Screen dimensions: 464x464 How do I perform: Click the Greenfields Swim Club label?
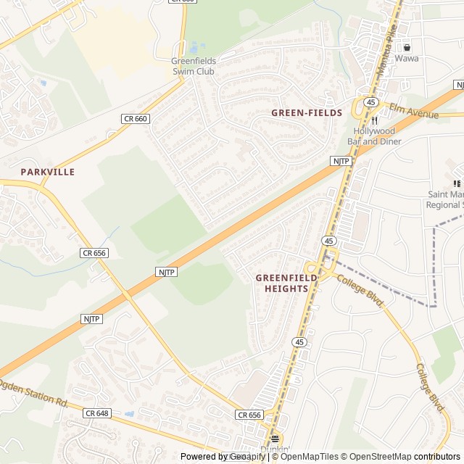click(x=194, y=66)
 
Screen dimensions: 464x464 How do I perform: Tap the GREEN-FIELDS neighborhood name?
click(x=307, y=113)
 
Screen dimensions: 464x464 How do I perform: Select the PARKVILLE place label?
click(x=48, y=172)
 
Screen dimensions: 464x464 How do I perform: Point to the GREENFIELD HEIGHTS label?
click(x=282, y=283)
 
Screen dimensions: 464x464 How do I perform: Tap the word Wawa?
click(x=406, y=58)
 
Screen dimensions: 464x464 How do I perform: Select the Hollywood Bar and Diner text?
click(x=374, y=136)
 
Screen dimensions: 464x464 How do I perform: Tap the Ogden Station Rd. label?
click(x=33, y=393)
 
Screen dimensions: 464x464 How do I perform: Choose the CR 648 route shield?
click(x=96, y=413)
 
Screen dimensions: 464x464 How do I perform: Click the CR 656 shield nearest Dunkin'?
click(x=249, y=415)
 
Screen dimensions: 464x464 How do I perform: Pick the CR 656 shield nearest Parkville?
click(x=94, y=253)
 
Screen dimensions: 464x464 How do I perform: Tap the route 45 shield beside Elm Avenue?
click(x=370, y=102)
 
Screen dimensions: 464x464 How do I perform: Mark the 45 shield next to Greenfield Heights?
click(x=328, y=241)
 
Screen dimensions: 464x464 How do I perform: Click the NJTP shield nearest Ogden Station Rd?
click(x=91, y=319)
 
